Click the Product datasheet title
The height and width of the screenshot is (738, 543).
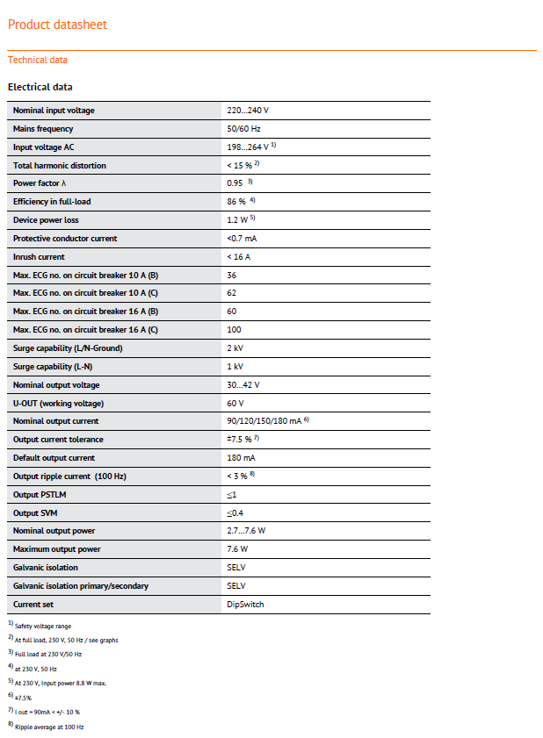(x=57, y=25)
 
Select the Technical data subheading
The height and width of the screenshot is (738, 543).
(x=38, y=60)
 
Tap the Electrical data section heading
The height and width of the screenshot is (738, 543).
(x=40, y=87)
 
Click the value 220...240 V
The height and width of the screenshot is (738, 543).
(x=248, y=111)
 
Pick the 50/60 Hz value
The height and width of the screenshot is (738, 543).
(x=244, y=129)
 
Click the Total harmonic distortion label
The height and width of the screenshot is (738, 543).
(x=60, y=165)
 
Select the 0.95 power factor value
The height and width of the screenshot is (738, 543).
(x=235, y=183)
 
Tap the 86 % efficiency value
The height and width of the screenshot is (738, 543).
(x=236, y=202)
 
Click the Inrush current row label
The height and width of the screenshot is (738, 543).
(x=39, y=256)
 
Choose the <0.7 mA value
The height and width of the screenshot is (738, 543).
(x=242, y=239)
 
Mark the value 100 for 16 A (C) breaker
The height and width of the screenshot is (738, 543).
(x=234, y=330)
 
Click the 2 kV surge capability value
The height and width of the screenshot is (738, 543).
(x=235, y=348)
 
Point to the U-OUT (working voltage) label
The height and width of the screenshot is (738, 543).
(x=58, y=403)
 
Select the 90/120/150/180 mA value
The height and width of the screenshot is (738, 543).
(x=264, y=421)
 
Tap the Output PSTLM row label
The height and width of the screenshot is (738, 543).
(x=40, y=494)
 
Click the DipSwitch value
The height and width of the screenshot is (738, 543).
(x=245, y=604)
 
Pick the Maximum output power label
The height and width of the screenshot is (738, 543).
(x=57, y=549)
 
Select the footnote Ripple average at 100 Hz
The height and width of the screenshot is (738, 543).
(x=49, y=727)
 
